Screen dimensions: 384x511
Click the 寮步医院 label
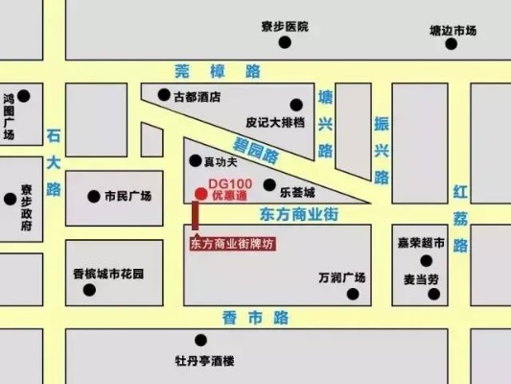pos(284,27)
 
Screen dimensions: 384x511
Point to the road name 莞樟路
pos(218,70)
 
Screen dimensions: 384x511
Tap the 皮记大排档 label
pos(275,123)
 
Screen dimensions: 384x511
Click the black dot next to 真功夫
pos(196,160)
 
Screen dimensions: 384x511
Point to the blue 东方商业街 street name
pos(304,217)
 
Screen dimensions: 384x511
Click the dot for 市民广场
pos(93,196)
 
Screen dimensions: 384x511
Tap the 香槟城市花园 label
pos(107,275)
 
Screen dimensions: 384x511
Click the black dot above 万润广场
pos(342,259)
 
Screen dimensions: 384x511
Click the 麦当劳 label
pos(421,278)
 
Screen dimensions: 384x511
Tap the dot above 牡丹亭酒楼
pos(201,340)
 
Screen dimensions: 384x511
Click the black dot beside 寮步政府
pos(11,200)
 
